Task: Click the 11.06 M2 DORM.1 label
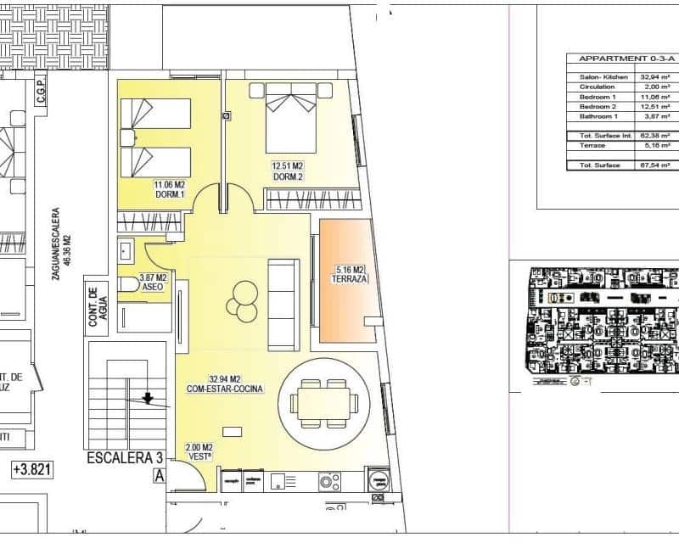tap(170, 189)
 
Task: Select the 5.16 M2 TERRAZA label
tap(350, 274)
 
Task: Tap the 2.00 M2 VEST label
tap(197, 451)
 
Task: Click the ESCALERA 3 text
tap(125, 458)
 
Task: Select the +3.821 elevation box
tap(31, 468)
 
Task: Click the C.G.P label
tap(40, 90)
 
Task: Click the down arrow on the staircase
tap(148, 395)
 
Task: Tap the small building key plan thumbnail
tap(603, 325)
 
